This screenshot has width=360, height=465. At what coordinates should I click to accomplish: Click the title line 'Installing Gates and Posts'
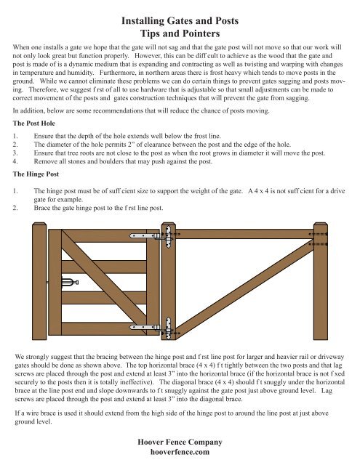[180, 23]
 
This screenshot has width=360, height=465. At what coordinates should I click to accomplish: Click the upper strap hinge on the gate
[153, 236]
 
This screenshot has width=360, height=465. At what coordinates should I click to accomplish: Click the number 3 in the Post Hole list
[16, 155]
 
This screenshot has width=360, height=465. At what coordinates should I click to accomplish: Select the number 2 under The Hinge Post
[16, 206]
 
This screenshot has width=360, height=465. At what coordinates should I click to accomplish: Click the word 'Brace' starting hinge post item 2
[44, 206]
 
